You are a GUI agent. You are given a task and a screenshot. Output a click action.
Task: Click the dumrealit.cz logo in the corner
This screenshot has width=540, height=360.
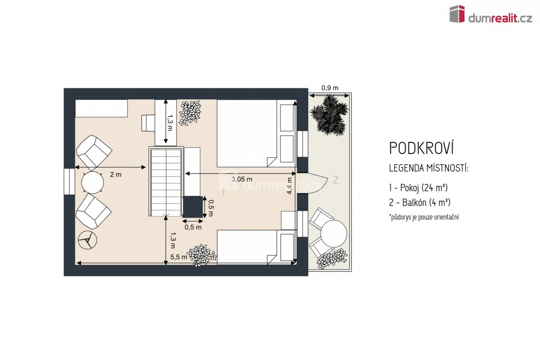pyautogui.click(x=490, y=14)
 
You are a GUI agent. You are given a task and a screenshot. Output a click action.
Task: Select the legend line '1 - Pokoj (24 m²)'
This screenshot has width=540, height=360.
pyautogui.click(x=418, y=188)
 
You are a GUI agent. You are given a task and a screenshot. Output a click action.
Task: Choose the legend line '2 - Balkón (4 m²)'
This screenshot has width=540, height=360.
pyautogui.click(x=420, y=202)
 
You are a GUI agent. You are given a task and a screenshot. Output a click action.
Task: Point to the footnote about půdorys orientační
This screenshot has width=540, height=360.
pyautogui.click(x=424, y=217)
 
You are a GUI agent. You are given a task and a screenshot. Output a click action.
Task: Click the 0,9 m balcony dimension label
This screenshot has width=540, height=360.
pyautogui.click(x=330, y=88)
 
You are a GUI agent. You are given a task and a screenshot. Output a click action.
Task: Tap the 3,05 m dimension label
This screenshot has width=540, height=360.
pyautogui.click(x=242, y=179)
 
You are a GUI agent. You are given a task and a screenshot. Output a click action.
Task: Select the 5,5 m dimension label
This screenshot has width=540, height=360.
pyautogui.click(x=179, y=257)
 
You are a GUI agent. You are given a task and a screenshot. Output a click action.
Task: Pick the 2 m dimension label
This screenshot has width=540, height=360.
pyautogui.click(x=116, y=175)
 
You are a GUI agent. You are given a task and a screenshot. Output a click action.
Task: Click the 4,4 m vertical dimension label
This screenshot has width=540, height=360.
pyautogui.click(x=289, y=186)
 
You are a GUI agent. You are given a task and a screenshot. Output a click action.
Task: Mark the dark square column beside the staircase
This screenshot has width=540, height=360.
pyautogui.click(x=193, y=207)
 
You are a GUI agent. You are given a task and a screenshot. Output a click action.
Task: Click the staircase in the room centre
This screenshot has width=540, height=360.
pyautogui.click(x=166, y=182)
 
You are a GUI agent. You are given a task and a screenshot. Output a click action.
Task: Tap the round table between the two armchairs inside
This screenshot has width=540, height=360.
pyautogui.click(x=93, y=183)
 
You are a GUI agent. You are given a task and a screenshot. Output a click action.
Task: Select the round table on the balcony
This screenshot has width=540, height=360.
pyautogui.click(x=333, y=234)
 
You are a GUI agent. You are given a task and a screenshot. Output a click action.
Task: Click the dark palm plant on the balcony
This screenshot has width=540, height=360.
pyautogui.click(x=329, y=115)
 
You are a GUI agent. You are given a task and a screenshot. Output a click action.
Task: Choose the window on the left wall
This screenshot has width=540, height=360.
pyautogui.click(x=69, y=181)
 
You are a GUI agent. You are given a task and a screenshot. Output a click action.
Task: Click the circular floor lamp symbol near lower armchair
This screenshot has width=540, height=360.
pyautogui.click(x=87, y=240)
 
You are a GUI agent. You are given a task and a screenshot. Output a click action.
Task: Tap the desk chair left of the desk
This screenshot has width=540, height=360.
pyautogui.click(x=148, y=123)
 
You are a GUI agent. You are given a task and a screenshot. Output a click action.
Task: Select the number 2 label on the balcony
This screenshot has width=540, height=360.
pyautogui.click(x=335, y=180)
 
